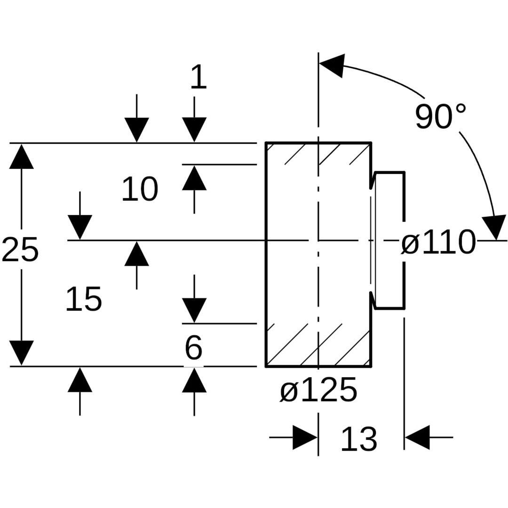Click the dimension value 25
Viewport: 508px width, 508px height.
point(20,250)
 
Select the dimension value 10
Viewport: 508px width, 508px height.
point(140,190)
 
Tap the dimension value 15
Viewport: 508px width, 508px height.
point(84,300)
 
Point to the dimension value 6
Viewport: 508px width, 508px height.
point(193,349)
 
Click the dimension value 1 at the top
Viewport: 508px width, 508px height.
point(198,77)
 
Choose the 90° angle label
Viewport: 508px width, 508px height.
point(440,116)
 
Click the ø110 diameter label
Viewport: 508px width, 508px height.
point(438,243)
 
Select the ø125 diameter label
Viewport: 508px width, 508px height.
point(318,391)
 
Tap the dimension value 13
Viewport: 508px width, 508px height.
point(358,440)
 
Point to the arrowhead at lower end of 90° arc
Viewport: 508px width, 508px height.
point(494,228)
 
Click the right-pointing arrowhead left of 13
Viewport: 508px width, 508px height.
point(305,437)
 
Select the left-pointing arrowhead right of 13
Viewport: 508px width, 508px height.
point(417,437)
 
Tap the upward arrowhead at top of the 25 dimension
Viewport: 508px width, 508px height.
point(21,157)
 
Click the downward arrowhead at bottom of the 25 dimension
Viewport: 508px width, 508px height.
point(21,353)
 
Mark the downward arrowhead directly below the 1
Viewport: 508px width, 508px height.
point(194,129)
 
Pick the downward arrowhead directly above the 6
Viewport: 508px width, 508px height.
point(194,310)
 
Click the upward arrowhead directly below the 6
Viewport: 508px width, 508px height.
point(194,380)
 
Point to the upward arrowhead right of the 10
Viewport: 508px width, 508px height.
point(194,178)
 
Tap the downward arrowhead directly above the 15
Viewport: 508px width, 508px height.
point(80,227)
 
